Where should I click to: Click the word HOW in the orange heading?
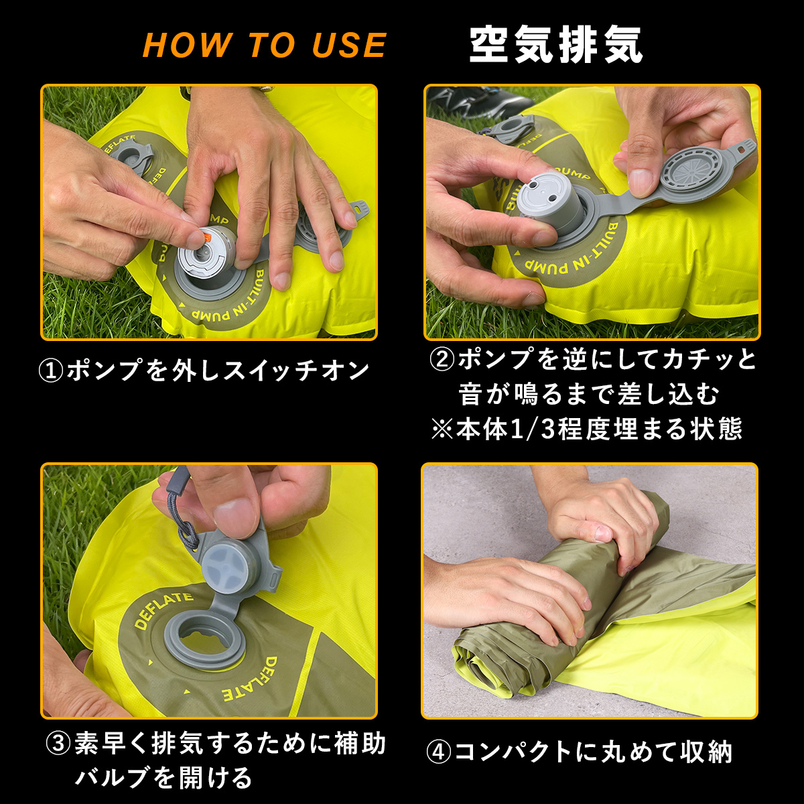[187, 45]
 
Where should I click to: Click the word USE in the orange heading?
[349, 45]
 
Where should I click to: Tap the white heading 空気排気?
[555, 45]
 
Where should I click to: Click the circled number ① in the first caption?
[50, 371]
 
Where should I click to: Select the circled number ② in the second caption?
[442, 360]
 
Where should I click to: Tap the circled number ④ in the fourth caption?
[438, 752]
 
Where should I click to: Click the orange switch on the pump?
[208, 239]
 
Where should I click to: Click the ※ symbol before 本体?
[442, 429]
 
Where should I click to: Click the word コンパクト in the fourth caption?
[514, 752]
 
